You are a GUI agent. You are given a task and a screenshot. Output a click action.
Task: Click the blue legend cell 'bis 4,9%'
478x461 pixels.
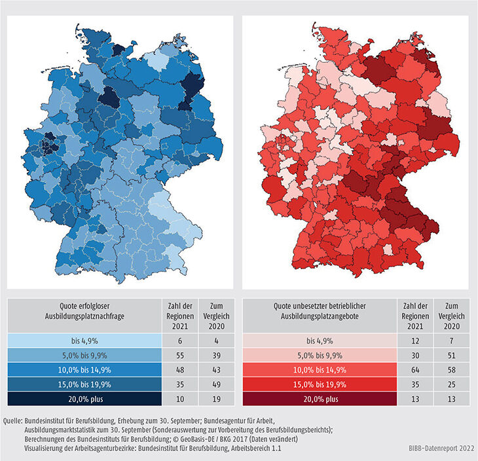tap(84, 341)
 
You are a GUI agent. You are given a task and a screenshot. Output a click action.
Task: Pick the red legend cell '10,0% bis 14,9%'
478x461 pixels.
tap(320, 369)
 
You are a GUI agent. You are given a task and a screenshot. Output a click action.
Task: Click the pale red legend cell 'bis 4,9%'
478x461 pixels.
tap(320, 341)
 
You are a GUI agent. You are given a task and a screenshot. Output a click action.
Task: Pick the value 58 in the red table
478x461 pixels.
tap(449, 369)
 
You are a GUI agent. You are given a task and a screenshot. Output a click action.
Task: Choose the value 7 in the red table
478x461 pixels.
tap(449, 341)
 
